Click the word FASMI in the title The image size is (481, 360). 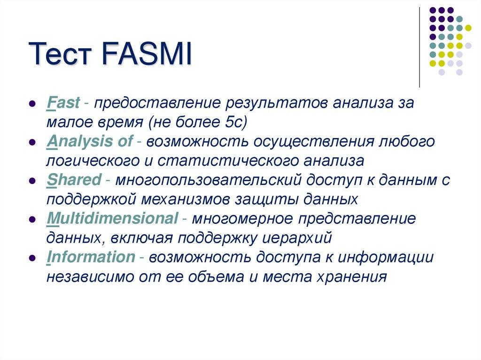point(146,55)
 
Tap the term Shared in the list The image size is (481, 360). point(74,179)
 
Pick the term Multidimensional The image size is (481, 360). point(112,218)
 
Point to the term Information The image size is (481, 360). point(91,257)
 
